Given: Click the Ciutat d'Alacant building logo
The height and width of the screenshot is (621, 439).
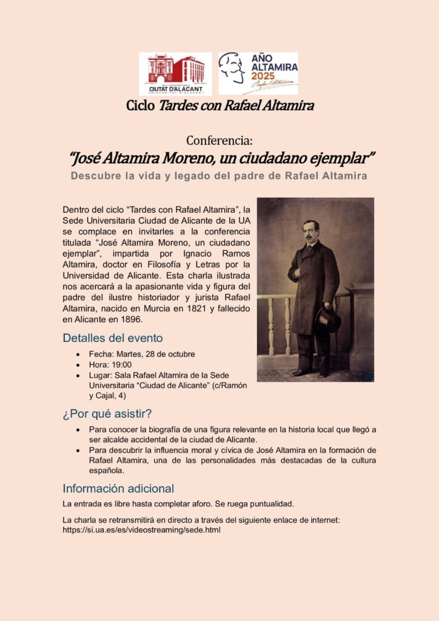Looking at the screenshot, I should tap(175, 73).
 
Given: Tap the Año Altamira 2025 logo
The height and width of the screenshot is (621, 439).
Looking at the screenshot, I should tap(258, 73).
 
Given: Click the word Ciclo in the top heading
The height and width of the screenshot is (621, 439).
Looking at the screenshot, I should tap(141, 106).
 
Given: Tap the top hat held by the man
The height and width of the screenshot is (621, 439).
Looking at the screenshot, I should tap(327, 320).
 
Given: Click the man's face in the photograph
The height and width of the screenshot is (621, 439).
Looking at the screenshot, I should tap(311, 231).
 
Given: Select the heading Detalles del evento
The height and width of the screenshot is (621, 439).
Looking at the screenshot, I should tap(113, 338).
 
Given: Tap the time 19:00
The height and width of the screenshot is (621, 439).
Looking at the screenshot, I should tap(121, 365).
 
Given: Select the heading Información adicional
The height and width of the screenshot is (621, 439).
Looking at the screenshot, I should tap(118, 488).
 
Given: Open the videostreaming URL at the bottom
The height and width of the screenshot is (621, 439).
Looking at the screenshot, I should tap(141, 529).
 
